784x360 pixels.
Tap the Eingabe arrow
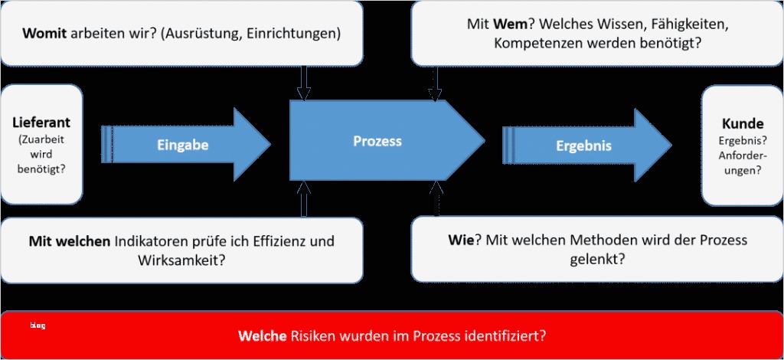tap(184, 144)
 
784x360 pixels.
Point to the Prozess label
tap(377, 141)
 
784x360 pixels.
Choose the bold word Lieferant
tap(41, 123)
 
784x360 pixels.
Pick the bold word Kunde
tap(742, 123)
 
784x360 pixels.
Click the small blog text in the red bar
tap(38, 326)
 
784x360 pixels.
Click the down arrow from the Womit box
tap(304, 83)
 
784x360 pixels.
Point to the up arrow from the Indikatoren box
tap(304, 199)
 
